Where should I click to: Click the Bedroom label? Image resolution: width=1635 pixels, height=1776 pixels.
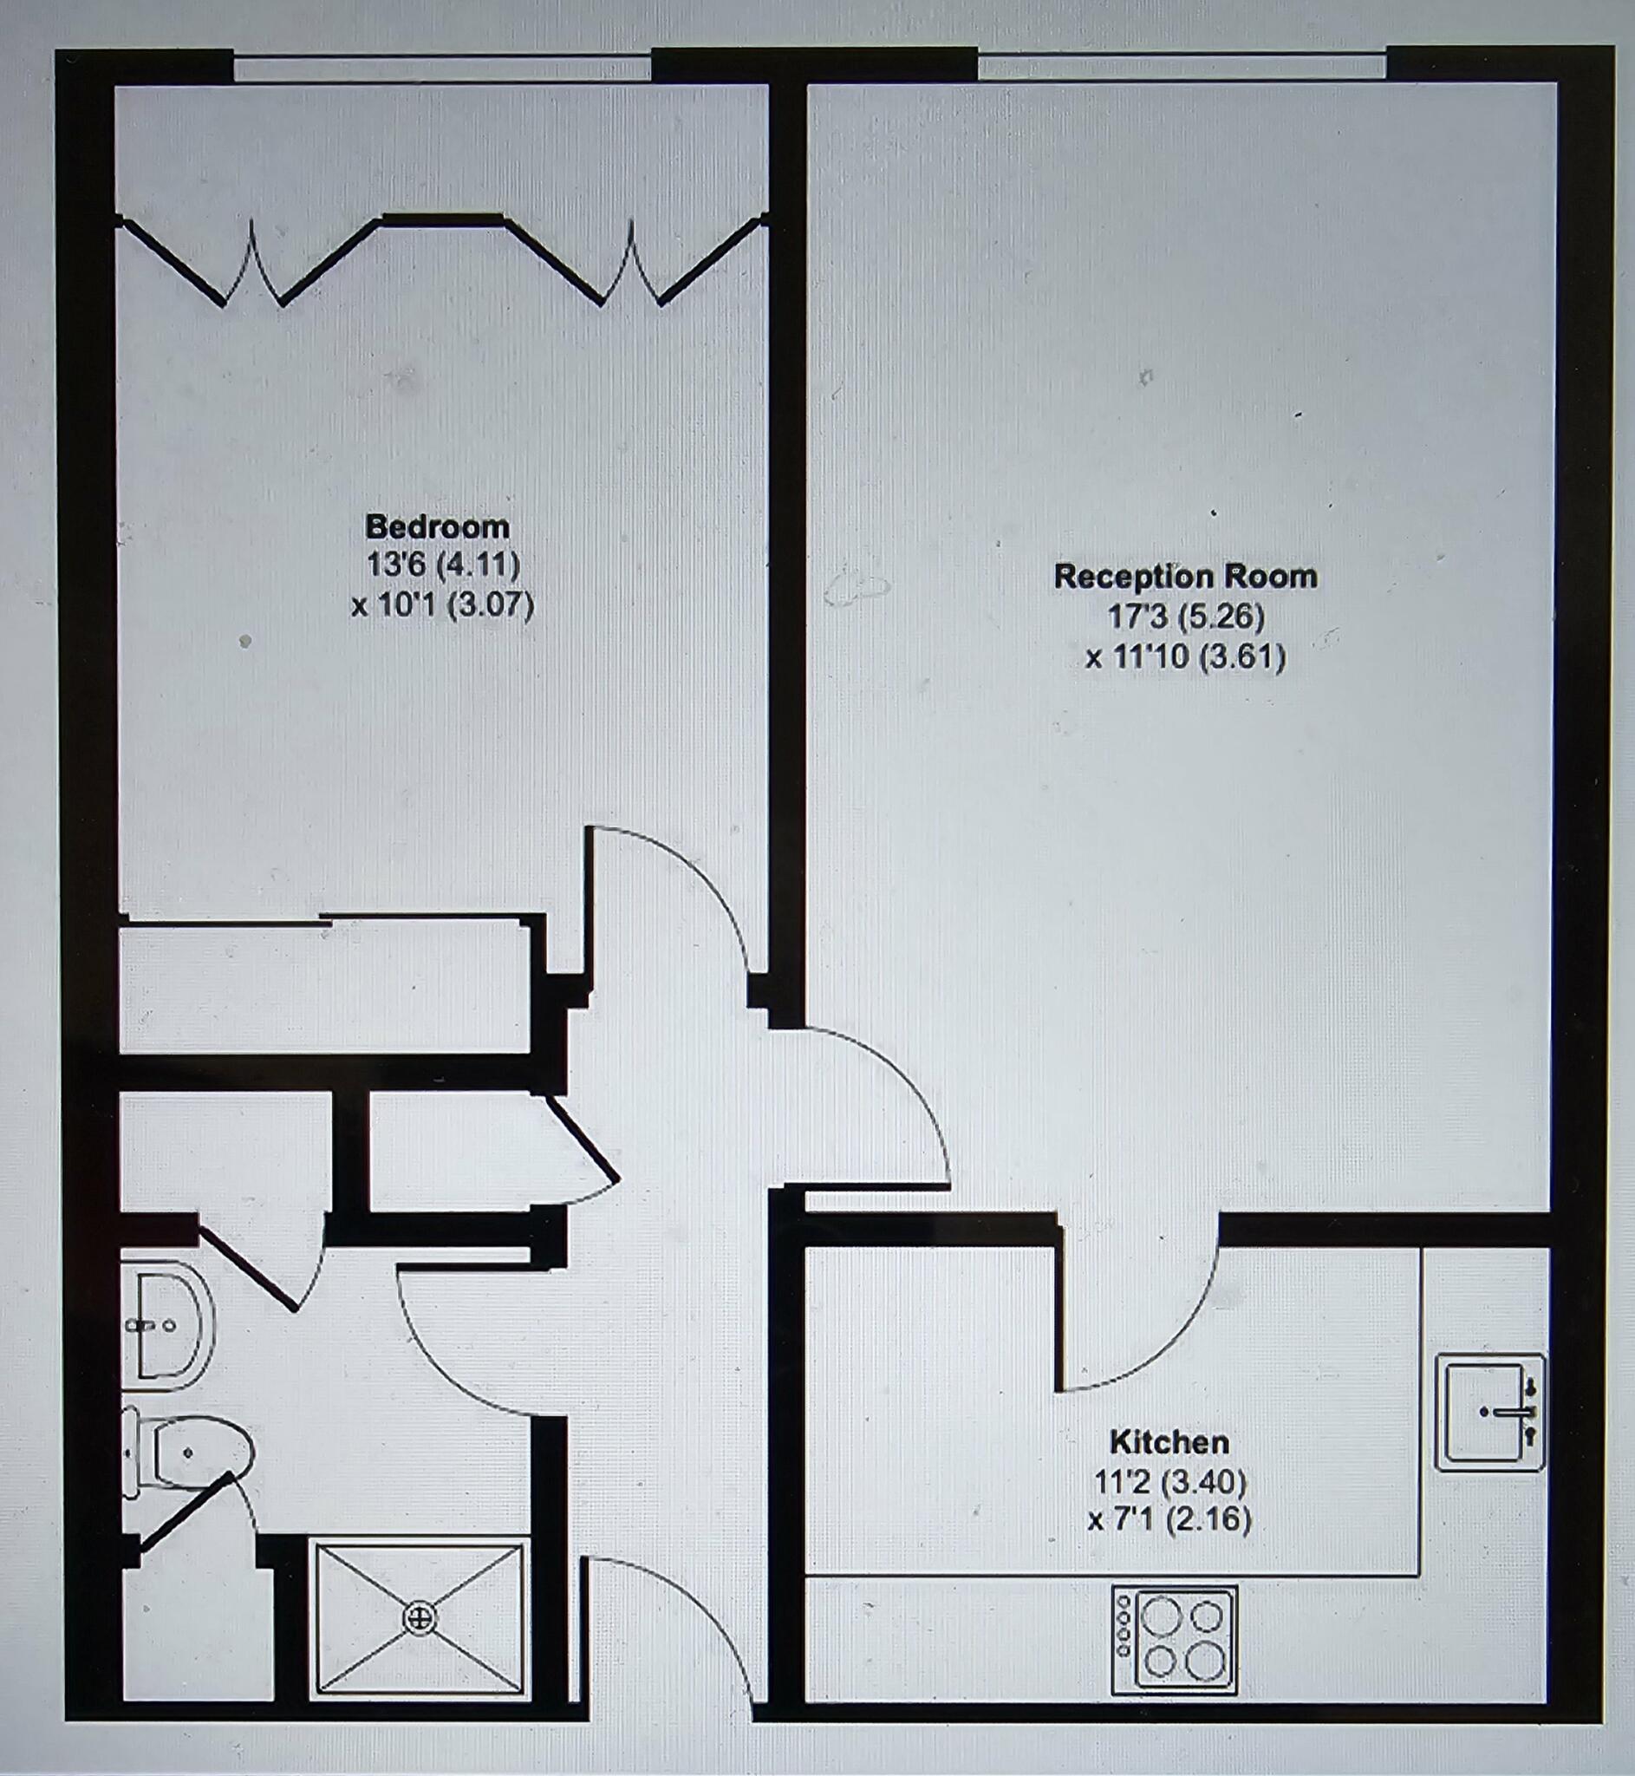[x=437, y=527]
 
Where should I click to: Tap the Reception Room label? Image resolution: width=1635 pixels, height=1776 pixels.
[x=1185, y=577]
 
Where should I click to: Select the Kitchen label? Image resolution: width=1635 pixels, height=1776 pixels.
[x=1169, y=1442]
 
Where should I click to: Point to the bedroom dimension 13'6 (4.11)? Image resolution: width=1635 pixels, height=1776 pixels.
[x=442, y=564]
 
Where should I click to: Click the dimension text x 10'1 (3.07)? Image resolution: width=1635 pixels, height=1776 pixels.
[x=442, y=606]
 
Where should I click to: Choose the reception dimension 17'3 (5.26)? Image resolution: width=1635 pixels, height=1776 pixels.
[x=1186, y=616]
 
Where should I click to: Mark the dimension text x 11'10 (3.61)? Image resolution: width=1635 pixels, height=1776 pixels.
[x=1186, y=657]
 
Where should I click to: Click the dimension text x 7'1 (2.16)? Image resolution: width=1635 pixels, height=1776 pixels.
[x=1169, y=1519]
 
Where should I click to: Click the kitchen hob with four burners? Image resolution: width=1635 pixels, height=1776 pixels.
[x=1174, y=1640]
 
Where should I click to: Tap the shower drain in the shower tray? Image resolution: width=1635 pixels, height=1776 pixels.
[x=420, y=1618]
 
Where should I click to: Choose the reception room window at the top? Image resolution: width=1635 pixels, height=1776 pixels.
[x=1181, y=67]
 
